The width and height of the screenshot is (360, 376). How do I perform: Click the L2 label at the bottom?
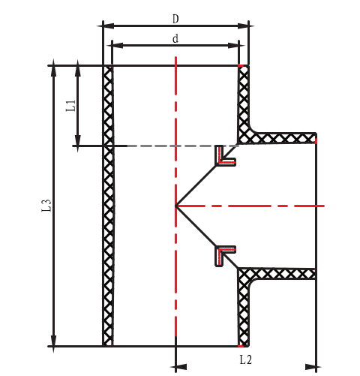(245, 360)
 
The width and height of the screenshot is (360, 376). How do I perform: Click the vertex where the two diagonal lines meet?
(175, 205)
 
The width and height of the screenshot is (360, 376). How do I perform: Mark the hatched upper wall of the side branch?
(285, 138)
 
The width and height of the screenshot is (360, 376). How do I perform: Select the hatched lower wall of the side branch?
(285, 273)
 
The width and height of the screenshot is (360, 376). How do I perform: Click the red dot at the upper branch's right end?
(316, 139)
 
